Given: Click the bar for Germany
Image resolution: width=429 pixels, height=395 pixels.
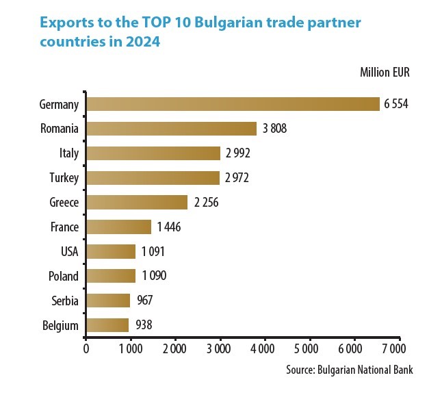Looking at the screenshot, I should pyautogui.click(x=233, y=104).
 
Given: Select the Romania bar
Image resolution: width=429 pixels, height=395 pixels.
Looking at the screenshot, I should pyautogui.click(x=171, y=129).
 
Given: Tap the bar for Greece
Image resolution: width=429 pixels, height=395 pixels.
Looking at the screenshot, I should pyautogui.click(x=137, y=203).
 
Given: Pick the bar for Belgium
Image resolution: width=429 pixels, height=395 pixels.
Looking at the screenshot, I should pyautogui.click(x=107, y=324).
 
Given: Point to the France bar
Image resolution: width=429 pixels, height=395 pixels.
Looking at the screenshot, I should pyautogui.click(x=118, y=227).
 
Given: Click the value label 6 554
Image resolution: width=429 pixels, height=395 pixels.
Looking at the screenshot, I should pyautogui.click(x=396, y=104).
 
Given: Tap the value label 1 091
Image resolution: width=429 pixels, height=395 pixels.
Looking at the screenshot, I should pyautogui.click(x=153, y=252).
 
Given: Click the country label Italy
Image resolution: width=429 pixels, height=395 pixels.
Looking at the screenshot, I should pyautogui.click(x=69, y=153).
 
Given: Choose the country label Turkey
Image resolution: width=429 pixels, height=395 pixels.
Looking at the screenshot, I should pyautogui.click(x=64, y=178).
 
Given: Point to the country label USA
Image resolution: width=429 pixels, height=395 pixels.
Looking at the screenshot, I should pyautogui.click(x=69, y=252).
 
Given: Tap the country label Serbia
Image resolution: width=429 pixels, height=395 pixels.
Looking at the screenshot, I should pyautogui.click(x=65, y=301).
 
